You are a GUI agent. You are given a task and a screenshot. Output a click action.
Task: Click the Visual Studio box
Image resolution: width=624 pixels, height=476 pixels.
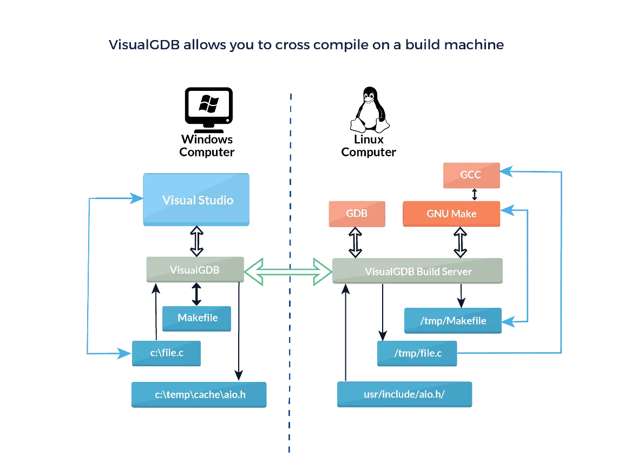point(196,199)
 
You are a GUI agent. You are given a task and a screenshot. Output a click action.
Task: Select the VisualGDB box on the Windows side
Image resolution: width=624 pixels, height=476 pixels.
point(195,269)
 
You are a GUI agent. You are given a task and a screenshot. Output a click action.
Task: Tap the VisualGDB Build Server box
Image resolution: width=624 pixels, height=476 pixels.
point(418,271)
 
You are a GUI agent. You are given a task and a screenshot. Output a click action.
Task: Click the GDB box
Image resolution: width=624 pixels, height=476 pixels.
point(357,213)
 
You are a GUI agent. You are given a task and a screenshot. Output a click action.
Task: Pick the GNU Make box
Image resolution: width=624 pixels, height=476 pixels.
point(451,214)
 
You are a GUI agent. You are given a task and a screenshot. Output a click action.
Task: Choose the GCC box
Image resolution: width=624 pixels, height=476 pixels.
point(470,175)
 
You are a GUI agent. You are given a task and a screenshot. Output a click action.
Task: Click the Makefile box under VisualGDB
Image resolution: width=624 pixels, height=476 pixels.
point(198,318)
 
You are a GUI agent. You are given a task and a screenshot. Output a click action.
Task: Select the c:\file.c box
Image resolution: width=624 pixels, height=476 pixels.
point(167,353)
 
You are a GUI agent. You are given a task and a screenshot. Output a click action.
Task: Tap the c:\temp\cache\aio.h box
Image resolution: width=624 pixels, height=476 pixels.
point(200,394)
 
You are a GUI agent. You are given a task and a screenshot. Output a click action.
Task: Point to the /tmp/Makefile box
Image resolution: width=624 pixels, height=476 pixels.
point(453,321)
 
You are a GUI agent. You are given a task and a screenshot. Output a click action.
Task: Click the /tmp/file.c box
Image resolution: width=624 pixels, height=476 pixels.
point(418,353)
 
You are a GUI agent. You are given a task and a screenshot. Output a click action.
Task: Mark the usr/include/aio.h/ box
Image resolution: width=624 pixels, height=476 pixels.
point(404,394)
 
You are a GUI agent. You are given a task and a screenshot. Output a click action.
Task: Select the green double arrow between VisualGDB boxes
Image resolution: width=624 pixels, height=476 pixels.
point(288,271)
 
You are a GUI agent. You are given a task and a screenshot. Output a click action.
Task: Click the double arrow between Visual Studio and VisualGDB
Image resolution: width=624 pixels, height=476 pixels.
point(196,241)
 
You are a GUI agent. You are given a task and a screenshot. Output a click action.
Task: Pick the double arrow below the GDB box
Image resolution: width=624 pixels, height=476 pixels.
point(355,242)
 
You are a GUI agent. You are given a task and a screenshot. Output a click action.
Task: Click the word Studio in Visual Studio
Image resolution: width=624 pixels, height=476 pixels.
point(215,200)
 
